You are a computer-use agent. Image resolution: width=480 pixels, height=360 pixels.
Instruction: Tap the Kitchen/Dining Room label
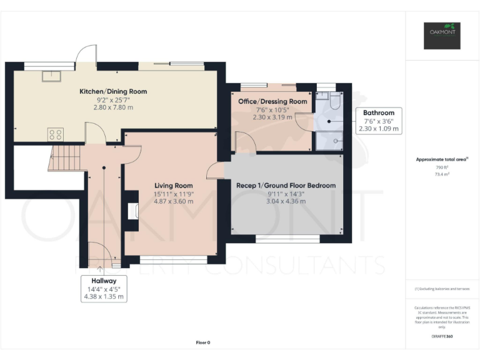113,91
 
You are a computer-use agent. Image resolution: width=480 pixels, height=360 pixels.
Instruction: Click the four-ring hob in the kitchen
56,134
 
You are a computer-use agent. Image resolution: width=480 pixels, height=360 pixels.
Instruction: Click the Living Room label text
174,186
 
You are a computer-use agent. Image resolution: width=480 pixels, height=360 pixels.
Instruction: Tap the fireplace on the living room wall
131,211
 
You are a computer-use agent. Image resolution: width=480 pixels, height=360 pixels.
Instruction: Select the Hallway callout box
104,289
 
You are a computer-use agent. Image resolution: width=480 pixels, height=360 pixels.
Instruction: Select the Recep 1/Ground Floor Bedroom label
285,186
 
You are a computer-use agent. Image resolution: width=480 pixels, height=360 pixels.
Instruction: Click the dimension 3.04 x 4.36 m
286,201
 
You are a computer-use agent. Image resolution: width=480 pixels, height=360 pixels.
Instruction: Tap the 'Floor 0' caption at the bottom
203,342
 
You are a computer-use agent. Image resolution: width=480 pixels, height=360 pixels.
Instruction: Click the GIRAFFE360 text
442,337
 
